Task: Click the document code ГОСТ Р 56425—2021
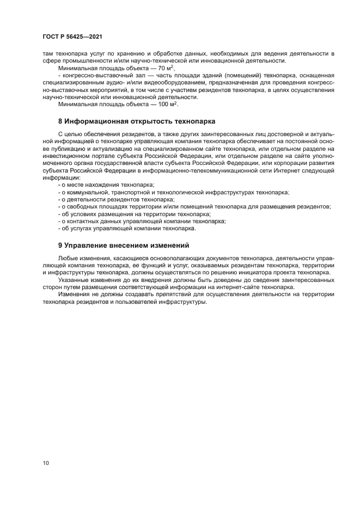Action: tap(72, 36)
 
